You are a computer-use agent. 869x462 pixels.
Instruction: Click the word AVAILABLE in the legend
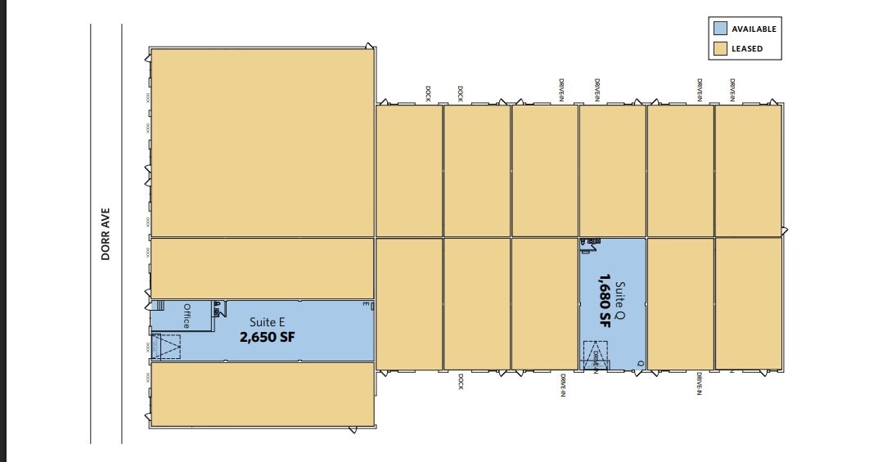(x=754, y=29)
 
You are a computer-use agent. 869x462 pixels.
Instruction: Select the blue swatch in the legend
(x=720, y=28)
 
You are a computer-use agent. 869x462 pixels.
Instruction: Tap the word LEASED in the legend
(x=746, y=48)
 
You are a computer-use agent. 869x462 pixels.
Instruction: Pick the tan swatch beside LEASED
(x=720, y=48)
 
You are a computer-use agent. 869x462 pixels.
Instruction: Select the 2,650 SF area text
(x=267, y=336)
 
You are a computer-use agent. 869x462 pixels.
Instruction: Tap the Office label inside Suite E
(x=187, y=316)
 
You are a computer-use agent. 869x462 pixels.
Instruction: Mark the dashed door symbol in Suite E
(x=169, y=347)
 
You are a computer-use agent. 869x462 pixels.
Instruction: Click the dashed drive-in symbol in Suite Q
(x=596, y=356)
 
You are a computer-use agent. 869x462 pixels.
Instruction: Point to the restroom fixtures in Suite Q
(x=592, y=242)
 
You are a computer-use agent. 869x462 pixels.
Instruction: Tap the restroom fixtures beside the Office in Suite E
(x=218, y=308)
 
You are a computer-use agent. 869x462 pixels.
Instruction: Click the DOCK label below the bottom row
(x=462, y=381)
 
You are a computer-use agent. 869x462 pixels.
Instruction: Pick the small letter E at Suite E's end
(x=365, y=304)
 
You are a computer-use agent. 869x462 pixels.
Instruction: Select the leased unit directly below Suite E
(x=262, y=393)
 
